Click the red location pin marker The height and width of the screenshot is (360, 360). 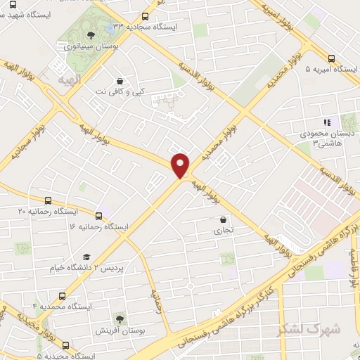pos(181,165)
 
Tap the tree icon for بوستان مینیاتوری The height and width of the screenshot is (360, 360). pos(89,34)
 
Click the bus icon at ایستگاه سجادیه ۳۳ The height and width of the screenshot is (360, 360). pos(145,16)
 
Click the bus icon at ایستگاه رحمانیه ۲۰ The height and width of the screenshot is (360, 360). pos(48,200)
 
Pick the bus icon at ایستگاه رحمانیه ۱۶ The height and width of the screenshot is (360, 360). pos(97,216)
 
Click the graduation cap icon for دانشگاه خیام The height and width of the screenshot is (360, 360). pos(86,257)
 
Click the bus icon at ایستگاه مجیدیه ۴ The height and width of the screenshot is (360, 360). pos(65,345)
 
